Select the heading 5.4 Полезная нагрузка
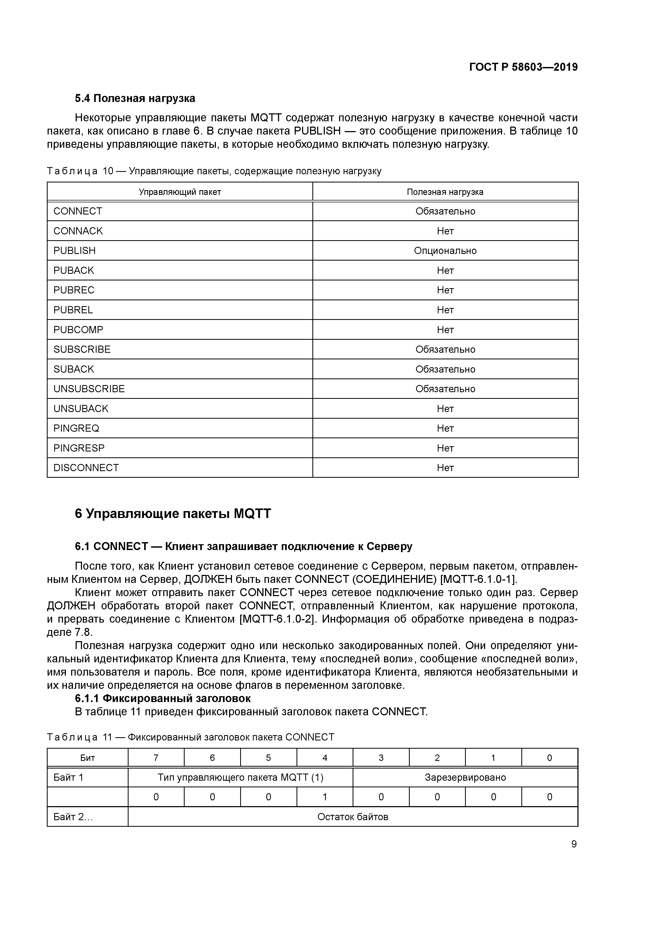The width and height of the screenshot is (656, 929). [x=135, y=98]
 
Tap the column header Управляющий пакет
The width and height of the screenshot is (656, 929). [x=180, y=192]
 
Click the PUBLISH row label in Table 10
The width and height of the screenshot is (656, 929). [x=74, y=251]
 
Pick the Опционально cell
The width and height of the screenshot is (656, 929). [x=445, y=251]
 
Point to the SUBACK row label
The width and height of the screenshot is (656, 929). [x=74, y=369]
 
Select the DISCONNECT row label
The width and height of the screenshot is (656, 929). [x=86, y=468]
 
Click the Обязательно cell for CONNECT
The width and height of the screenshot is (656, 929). [x=445, y=211]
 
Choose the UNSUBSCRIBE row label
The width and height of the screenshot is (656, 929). [x=89, y=389]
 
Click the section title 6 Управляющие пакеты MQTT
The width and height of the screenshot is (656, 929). [x=173, y=514]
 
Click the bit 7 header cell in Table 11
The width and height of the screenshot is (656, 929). [x=156, y=758]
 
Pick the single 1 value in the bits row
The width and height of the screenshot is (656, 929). [x=325, y=797]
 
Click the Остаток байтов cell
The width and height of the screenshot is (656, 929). [x=352, y=817]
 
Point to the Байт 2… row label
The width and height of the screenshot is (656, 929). [x=73, y=817]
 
